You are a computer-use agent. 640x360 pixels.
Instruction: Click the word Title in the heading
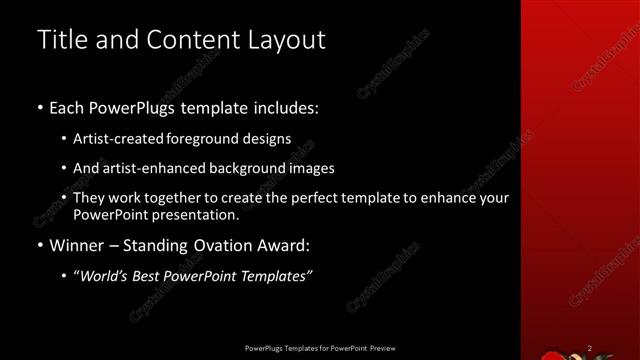[x=59, y=40]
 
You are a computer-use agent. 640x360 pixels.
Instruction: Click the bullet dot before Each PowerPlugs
[x=40, y=107]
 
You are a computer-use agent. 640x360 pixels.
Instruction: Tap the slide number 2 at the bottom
[x=589, y=348]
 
